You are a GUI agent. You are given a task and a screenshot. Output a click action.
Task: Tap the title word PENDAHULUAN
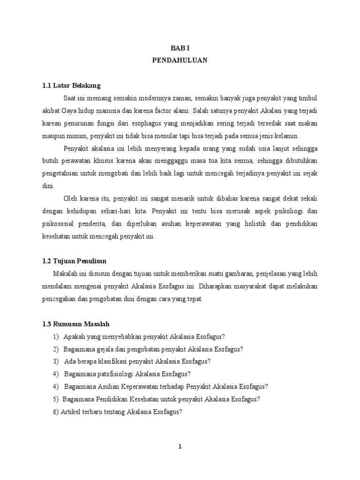click(x=180, y=61)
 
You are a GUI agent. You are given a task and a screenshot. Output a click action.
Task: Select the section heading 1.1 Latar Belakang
click(x=71, y=86)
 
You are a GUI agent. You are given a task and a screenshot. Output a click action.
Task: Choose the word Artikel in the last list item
click(x=71, y=412)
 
